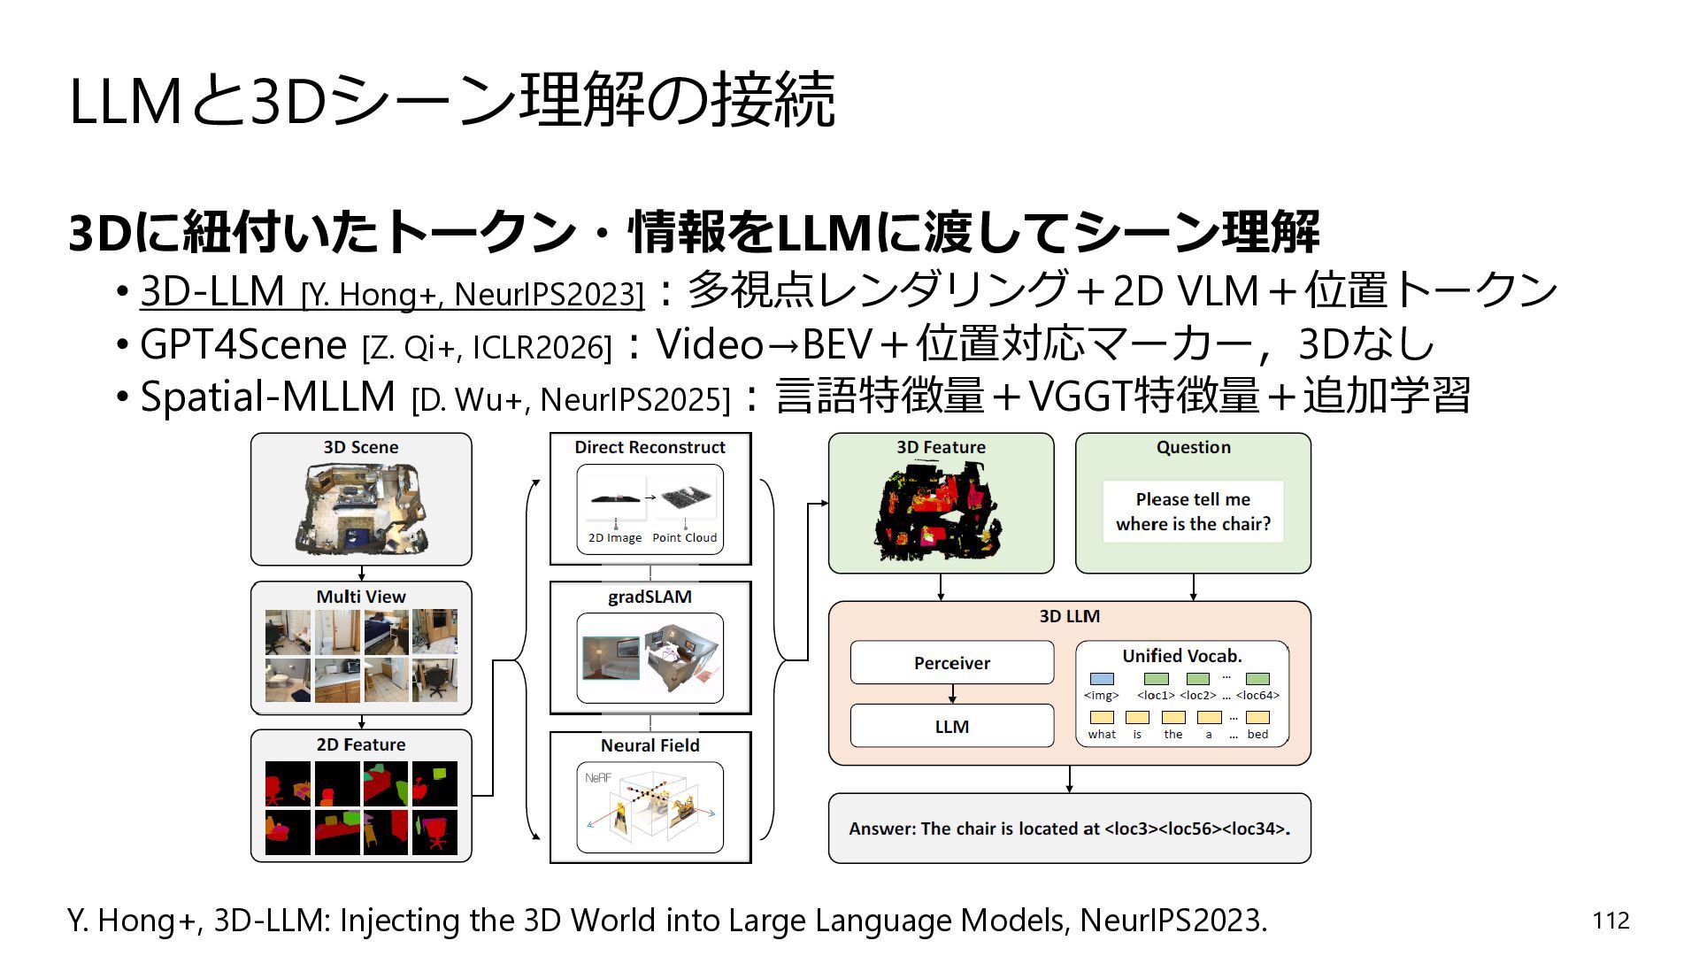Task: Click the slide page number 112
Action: click(x=1611, y=921)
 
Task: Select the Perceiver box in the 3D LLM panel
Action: click(x=952, y=663)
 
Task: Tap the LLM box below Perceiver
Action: click(x=952, y=726)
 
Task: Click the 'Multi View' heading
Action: click(x=361, y=597)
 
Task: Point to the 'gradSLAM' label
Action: click(x=650, y=597)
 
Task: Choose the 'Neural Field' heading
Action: click(x=650, y=745)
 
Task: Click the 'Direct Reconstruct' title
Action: click(x=650, y=447)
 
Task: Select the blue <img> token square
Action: click(x=1102, y=679)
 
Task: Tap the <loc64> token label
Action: click(x=1257, y=696)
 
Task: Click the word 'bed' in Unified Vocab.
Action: click(x=1257, y=735)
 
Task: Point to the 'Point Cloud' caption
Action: click(x=685, y=537)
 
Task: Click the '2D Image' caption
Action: click(x=615, y=537)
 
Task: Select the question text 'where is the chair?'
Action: click(x=1193, y=524)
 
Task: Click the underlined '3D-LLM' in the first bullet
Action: click(x=212, y=291)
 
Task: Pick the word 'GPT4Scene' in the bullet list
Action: click(x=243, y=344)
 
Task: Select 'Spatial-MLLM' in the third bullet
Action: click(x=267, y=397)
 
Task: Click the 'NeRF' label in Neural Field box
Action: click(x=598, y=778)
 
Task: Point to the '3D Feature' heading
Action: click(x=941, y=447)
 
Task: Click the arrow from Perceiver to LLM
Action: click(x=952, y=694)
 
